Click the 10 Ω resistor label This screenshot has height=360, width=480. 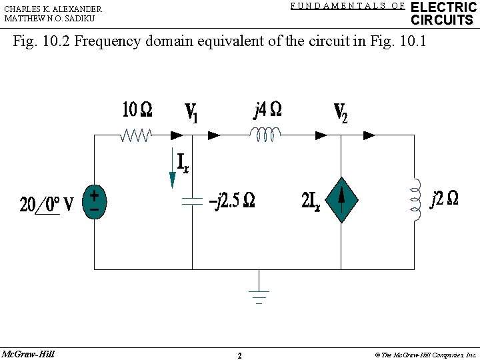(137, 109)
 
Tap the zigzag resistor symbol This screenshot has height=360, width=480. (136, 135)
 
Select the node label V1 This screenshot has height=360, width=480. (191, 113)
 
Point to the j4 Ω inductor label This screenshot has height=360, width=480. (267, 109)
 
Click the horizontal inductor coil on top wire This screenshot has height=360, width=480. (267, 136)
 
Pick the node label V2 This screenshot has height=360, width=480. (340, 113)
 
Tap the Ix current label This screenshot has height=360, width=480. (183, 162)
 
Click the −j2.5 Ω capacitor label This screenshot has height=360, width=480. (231, 200)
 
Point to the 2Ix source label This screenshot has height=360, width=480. (311, 201)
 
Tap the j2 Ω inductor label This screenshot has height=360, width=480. (444, 199)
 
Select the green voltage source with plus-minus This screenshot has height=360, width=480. (94, 202)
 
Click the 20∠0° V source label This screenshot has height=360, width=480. (47, 203)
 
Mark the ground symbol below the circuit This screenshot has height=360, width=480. (259, 297)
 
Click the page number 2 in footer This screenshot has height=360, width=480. (239, 355)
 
